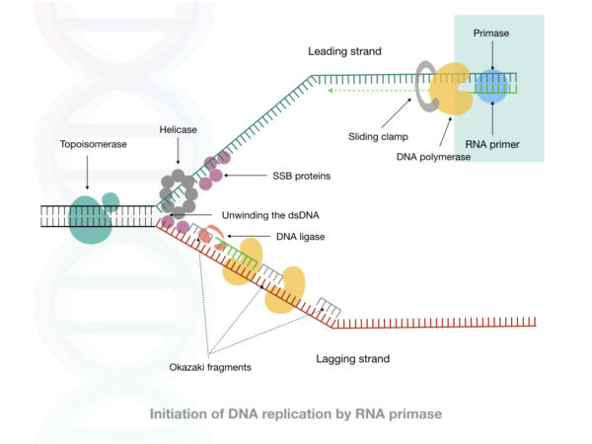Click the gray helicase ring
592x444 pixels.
tap(179, 193)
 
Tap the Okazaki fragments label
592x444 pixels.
tap(210, 368)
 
